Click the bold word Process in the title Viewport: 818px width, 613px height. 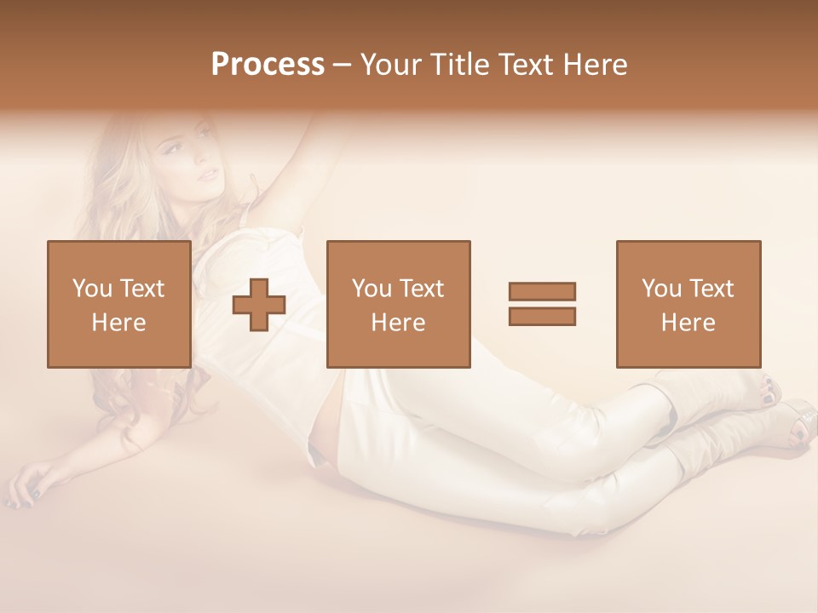(x=268, y=64)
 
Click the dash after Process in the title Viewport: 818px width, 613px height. (x=342, y=66)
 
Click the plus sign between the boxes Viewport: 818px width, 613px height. (x=259, y=304)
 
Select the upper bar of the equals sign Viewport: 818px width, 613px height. (x=542, y=291)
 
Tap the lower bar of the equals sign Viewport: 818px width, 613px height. (x=542, y=316)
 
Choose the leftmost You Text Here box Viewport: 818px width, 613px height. (x=118, y=304)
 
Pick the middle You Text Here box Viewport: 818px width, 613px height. (x=398, y=304)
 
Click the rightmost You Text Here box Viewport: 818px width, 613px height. (x=688, y=304)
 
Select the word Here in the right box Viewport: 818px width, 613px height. (x=688, y=322)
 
